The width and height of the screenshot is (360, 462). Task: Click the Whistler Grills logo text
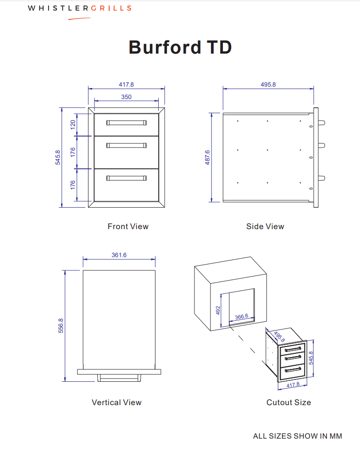click(x=80, y=8)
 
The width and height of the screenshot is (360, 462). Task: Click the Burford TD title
click(x=180, y=47)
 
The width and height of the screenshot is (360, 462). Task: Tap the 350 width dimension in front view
click(x=126, y=97)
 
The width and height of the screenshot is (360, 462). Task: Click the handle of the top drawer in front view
click(x=126, y=123)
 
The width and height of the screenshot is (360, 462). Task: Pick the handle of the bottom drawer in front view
click(x=126, y=178)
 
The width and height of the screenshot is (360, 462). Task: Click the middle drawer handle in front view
click(x=126, y=145)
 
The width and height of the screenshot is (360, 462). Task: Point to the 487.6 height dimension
click(x=207, y=157)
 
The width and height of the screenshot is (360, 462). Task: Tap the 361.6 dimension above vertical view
click(x=119, y=255)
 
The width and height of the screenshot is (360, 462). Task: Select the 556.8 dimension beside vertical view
click(x=61, y=325)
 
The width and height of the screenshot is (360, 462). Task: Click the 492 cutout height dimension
click(x=218, y=311)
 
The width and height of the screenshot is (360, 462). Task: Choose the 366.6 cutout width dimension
click(x=241, y=316)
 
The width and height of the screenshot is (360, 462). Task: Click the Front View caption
click(x=128, y=226)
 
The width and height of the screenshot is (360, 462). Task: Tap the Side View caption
click(x=265, y=226)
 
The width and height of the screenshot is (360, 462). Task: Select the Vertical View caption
click(x=116, y=402)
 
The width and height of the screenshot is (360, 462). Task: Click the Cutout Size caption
click(x=288, y=402)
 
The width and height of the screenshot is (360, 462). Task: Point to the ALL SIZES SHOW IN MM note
click(x=297, y=436)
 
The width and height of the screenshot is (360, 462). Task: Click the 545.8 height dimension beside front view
click(x=58, y=157)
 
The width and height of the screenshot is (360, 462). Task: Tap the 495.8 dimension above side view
click(x=268, y=84)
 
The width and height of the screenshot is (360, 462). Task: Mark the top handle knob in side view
click(x=322, y=123)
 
